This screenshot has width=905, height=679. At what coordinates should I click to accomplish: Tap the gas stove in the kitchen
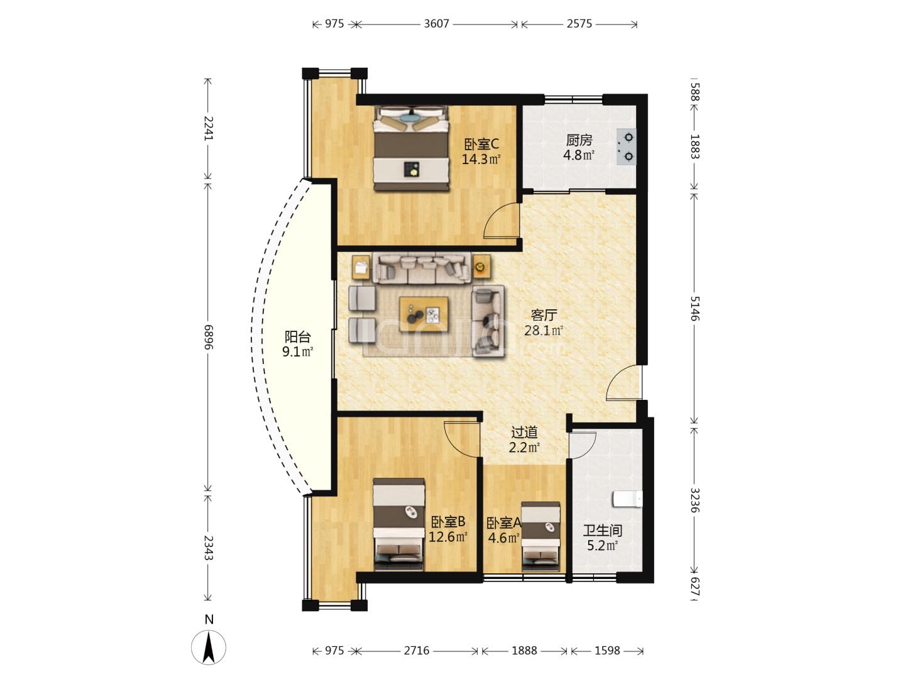627,146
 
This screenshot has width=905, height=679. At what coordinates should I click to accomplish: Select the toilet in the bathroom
627,499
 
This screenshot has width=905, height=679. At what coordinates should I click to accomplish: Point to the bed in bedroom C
412,148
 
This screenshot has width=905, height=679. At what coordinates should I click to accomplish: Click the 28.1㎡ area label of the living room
544,330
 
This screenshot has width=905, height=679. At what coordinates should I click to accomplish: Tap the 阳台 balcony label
297,337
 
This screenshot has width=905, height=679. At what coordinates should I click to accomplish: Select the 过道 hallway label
524,433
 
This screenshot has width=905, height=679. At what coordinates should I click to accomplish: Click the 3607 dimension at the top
436,24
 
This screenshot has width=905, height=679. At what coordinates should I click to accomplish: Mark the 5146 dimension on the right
694,308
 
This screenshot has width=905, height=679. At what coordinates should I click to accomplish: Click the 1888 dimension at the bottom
524,651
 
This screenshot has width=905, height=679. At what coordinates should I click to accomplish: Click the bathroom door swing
582,444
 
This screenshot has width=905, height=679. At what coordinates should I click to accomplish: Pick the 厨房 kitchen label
579,140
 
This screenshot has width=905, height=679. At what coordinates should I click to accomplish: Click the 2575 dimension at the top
579,24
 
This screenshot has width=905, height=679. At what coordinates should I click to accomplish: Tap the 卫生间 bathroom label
602,531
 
